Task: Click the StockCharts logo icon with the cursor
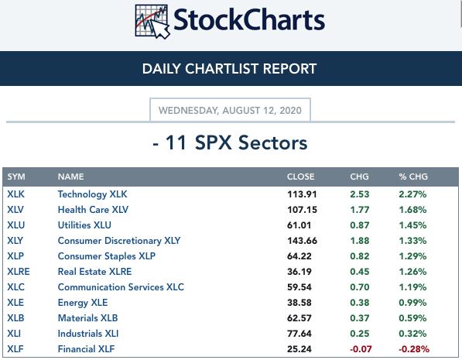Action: (x=152, y=22)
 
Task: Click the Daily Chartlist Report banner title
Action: (x=229, y=69)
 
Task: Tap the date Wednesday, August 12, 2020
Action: (x=230, y=110)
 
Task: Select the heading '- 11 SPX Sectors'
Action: (x=230, y=143)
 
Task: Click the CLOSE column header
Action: (x=300, y=177)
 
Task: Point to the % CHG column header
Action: (x=413, y=177)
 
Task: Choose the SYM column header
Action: (x=16, y=177)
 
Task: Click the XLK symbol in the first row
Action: (x=16, y=194)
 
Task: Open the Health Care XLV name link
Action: (x=93, y=210)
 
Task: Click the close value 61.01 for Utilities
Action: (x=299, y=225)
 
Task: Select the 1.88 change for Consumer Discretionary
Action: (x=360, y=241)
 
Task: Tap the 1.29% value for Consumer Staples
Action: (x=412, y=256)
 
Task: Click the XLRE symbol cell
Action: (x=19, y=272)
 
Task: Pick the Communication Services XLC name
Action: (x=121, y=287)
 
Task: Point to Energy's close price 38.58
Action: (x=299, y=303)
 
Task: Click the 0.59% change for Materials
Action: (x=412, y=318)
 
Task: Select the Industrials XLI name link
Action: (x=88, y=334)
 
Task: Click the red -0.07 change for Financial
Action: (x=361, y=349)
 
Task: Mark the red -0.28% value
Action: (x=414, y=349)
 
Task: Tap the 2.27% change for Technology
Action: (x=412, y=194)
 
